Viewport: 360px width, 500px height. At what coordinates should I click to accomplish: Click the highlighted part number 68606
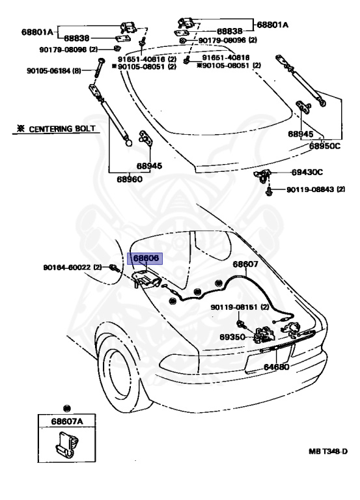pos(145,258)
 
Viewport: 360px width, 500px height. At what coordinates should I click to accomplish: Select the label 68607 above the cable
pos(245,264)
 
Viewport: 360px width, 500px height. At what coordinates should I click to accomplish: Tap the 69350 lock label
pos(232,337)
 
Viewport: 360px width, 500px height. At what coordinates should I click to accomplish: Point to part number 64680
pos(276,367)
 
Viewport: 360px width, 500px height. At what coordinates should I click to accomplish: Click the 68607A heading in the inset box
pos(67,422)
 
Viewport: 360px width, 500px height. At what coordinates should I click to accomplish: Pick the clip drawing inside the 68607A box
pos(66,444)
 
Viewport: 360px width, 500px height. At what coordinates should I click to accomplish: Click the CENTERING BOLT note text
pos(62,129)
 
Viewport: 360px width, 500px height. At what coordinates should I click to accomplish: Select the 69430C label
pos(307,173)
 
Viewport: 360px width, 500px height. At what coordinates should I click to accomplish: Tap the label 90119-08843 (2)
pos(316,189)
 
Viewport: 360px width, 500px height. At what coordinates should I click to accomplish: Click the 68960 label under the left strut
pos(130,179)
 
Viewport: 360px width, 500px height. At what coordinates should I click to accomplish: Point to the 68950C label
pos(325,146)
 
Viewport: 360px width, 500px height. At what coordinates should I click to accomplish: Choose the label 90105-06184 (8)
pos(54,70)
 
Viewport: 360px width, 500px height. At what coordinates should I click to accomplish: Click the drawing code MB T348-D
pos(328,452)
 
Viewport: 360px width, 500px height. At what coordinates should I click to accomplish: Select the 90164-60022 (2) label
pos(72,267)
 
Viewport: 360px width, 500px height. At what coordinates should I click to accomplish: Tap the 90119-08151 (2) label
pos(240,307)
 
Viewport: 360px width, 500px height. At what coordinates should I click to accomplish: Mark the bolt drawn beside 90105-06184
pos(98,67)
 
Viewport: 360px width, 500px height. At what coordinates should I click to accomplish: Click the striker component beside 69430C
pos(262,176)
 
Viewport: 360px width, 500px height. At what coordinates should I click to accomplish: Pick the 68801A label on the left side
pos(37,32)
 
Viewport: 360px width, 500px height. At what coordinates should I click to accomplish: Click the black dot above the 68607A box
pos(66,408)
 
